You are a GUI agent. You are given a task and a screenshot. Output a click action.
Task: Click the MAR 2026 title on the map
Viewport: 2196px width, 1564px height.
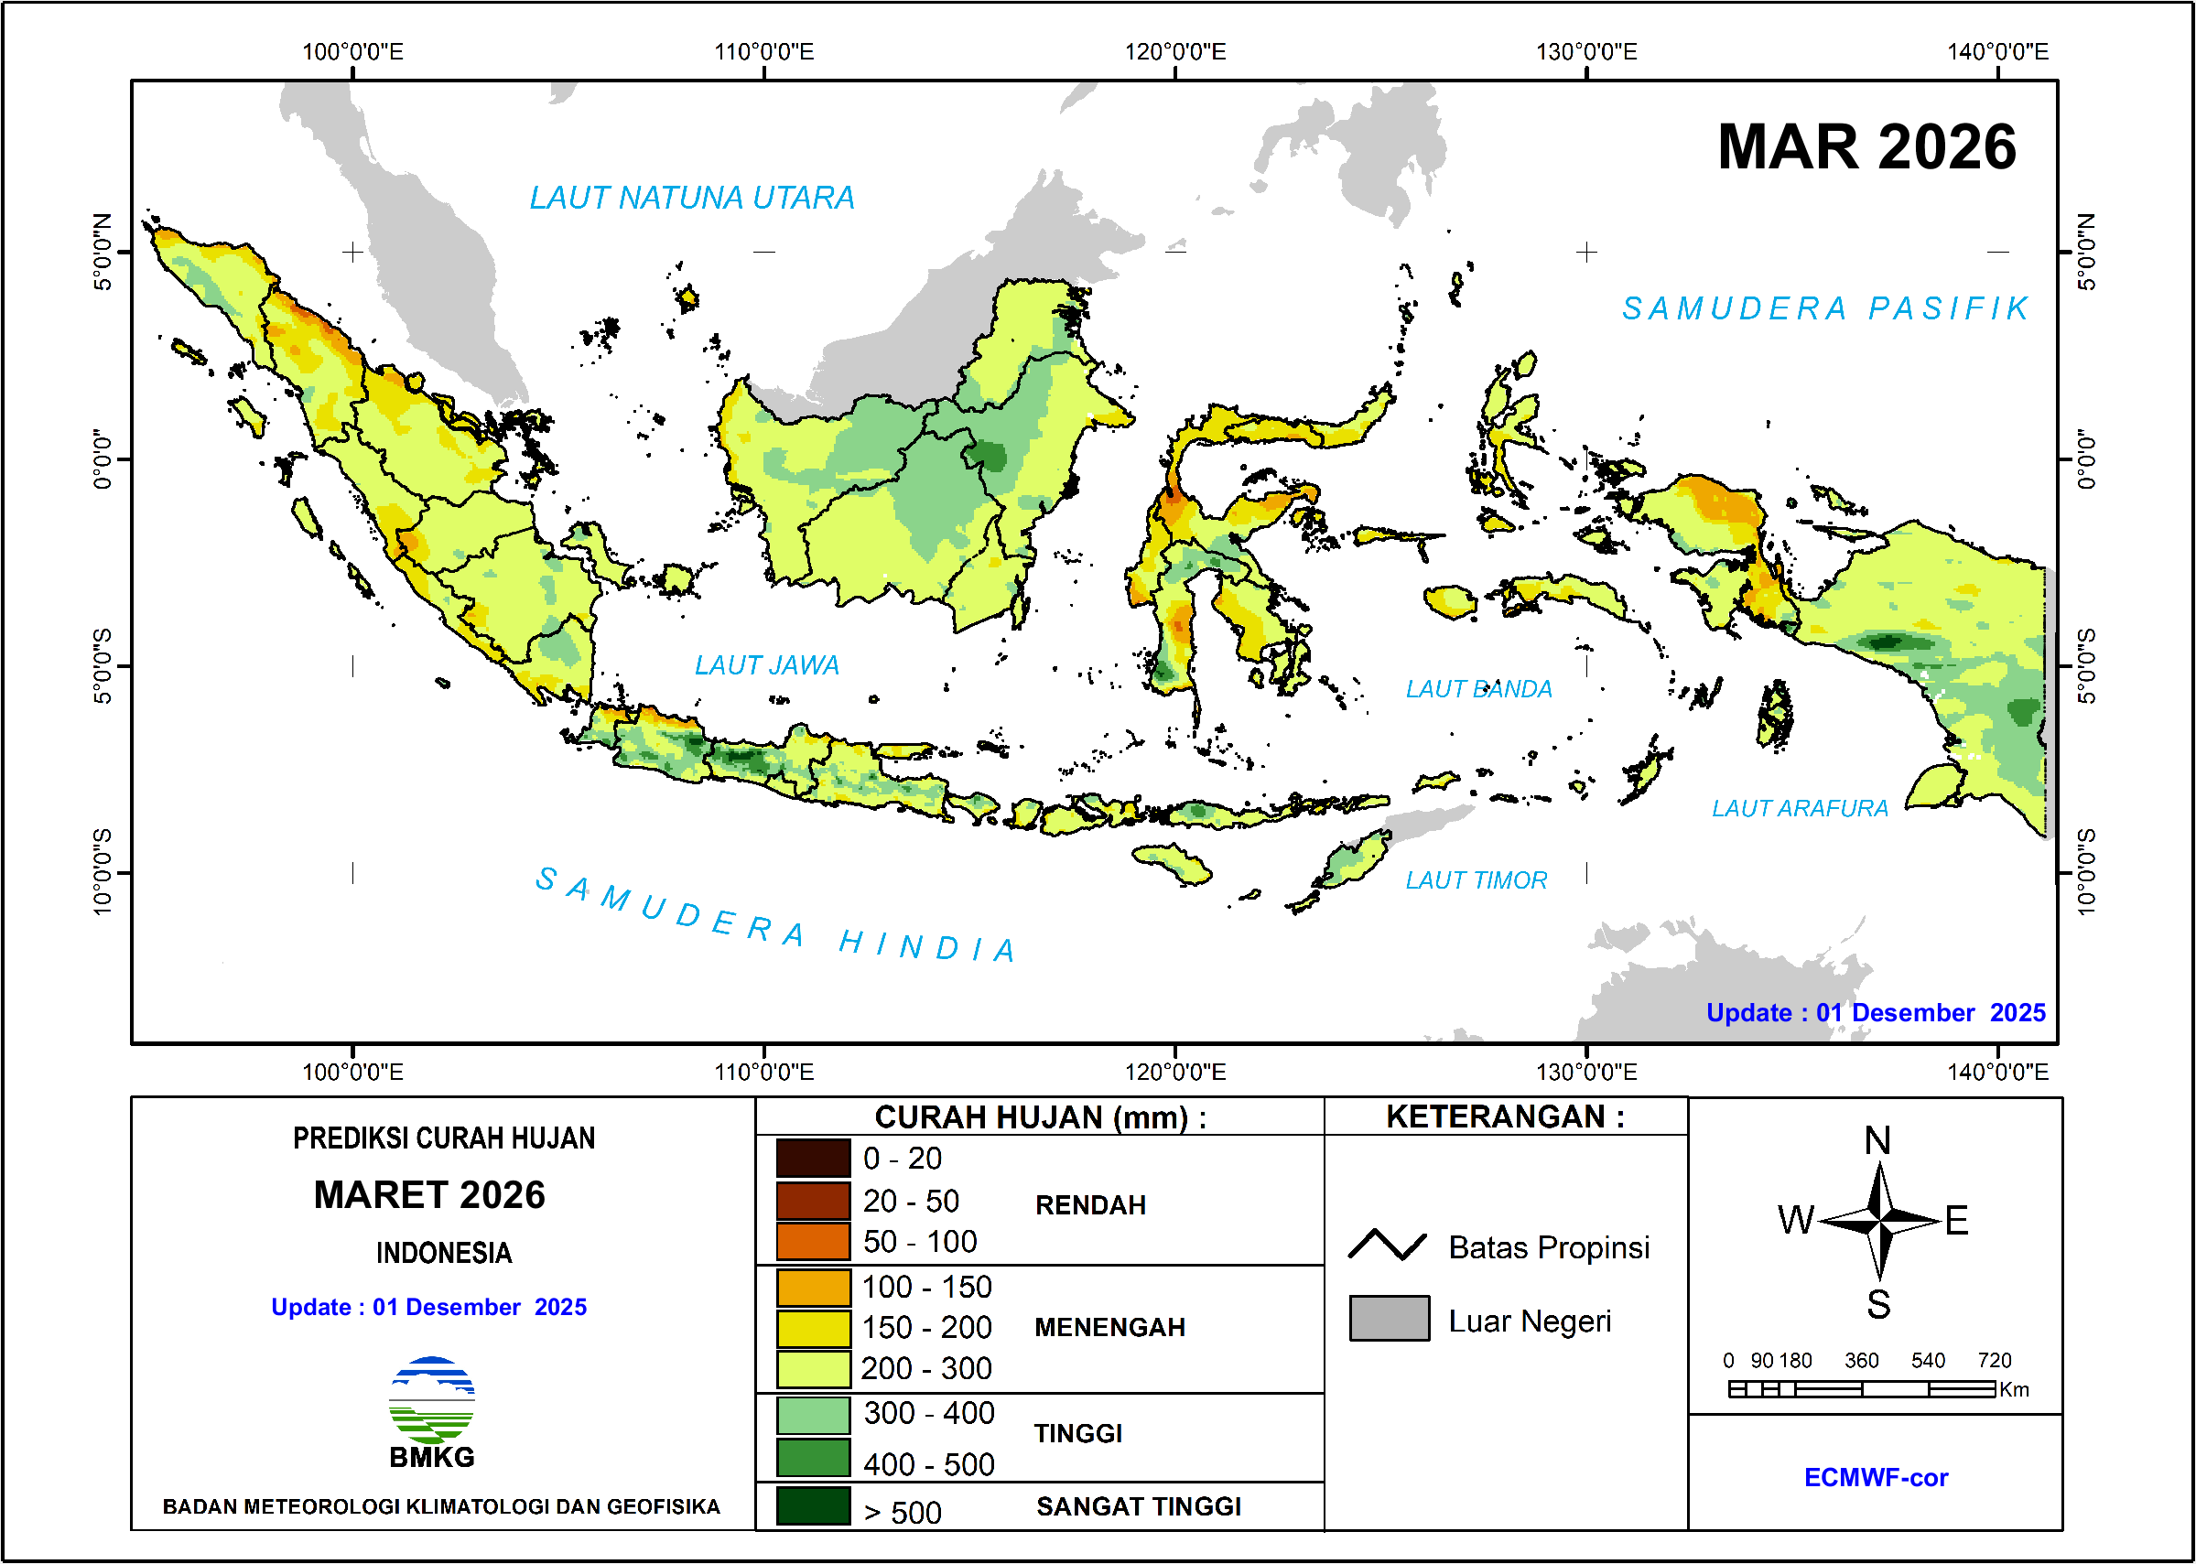click(1866, 148)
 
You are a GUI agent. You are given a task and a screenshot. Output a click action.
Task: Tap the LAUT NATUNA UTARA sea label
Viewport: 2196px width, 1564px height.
click(691, 199)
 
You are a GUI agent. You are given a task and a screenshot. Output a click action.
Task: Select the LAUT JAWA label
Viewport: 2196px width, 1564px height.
click(767, 665)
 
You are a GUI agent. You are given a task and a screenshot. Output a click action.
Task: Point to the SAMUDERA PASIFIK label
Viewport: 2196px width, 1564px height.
click(1826, 309)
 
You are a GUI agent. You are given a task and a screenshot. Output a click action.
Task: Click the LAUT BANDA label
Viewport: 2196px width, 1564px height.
click(1478, 689)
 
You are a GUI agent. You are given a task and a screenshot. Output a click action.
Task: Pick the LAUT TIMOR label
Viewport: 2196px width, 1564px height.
click(1476, 880)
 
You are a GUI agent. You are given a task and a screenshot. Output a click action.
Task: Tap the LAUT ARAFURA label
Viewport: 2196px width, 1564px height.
click(1799, 809)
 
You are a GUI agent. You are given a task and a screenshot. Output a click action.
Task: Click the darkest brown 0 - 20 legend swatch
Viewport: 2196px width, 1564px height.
click(813, 1159)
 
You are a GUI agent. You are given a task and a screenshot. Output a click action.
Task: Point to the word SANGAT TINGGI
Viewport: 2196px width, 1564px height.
click(1139, 1507)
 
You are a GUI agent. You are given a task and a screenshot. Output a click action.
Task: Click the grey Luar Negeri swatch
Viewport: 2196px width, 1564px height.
click(1389, 1319)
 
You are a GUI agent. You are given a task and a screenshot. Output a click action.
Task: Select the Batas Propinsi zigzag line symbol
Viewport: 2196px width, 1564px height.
click(1387, 1246)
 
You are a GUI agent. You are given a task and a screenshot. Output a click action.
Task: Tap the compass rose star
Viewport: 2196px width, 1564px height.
click(1879, 1221)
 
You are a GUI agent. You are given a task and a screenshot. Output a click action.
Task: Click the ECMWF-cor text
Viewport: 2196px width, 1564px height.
click(1876, 1478)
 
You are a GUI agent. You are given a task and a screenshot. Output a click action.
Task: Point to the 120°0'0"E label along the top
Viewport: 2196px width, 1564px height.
click(1175, 52)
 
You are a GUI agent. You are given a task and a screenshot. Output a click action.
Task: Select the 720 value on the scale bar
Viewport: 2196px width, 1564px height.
click(1994, 1361)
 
